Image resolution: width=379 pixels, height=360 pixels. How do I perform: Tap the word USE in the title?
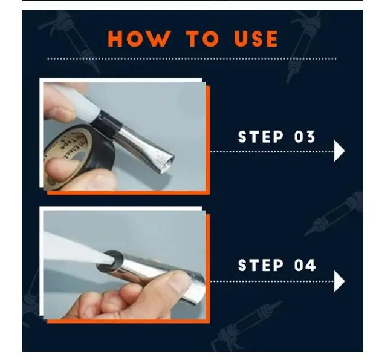pos(256,39)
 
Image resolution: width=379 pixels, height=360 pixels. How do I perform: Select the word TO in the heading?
pos(202,39)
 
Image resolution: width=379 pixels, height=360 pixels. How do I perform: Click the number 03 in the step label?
pos(305,137)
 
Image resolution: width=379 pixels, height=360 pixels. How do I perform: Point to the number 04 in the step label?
pos(305,265)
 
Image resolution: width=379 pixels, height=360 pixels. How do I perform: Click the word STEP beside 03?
pos(261,137)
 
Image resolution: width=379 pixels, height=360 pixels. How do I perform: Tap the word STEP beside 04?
pos(261,265)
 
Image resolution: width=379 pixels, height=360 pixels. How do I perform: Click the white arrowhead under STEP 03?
pos(339,151)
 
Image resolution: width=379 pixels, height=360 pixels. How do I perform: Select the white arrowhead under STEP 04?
pos(339,281)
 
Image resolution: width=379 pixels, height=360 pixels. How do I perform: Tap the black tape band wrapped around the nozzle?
pos(106,123)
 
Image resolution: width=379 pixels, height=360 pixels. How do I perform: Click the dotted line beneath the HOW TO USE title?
pos(192,59)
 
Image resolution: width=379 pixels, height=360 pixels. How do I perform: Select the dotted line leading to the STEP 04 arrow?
pos(272,281)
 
